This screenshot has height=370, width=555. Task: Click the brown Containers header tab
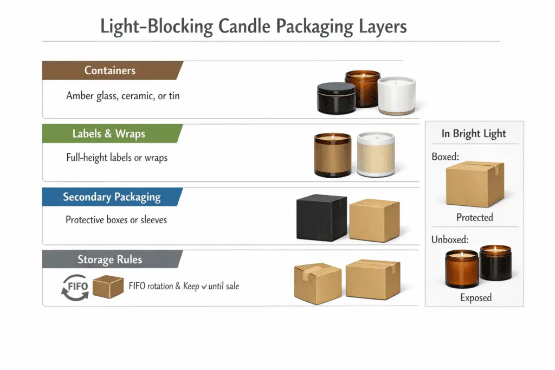pos(110,70)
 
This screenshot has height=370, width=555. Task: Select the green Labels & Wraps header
pos(108,134)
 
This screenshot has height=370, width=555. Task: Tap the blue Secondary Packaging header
pos(112,197)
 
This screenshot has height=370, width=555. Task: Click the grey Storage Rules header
pos(109,259)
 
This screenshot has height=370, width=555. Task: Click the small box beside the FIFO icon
pos(108,286)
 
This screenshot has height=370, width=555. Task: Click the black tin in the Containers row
pos(335,98)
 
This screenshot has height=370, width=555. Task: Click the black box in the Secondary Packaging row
pos(321,218)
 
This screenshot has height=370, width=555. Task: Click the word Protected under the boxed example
pos(474,217)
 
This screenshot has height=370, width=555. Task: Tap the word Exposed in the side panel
pos(475,297)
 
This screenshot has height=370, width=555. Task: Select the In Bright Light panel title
pos(474,134)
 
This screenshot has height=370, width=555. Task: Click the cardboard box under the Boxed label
pos(474,184)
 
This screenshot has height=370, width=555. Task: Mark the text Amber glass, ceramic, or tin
pos(123,96)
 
